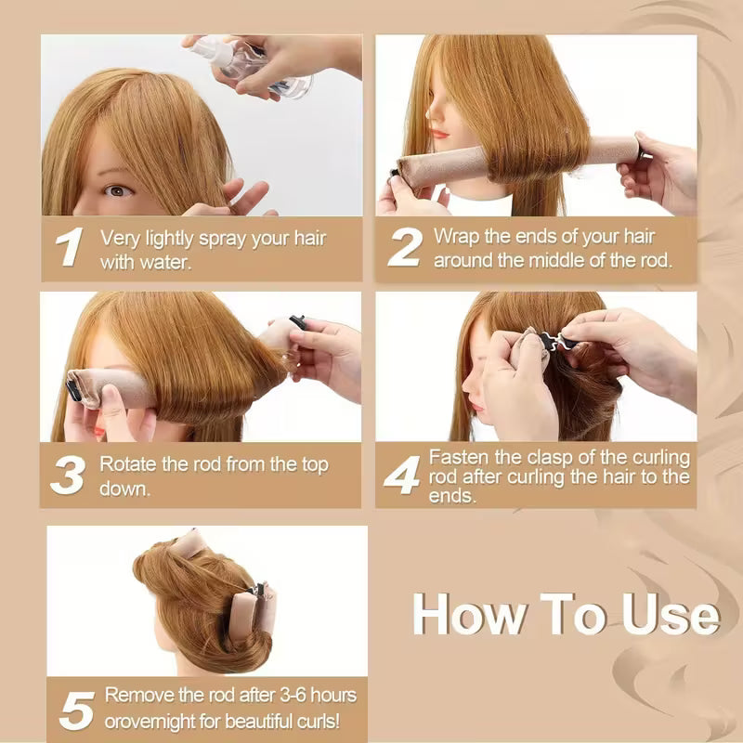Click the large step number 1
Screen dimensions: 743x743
pyautogui.click(x=69, y=248)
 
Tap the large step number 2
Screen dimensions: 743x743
pyautogui.click(x=404, y=248)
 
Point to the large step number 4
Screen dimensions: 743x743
pyautogui.click(x=401, y=475)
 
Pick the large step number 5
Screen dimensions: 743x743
pyautogui.click(x=76, y=710)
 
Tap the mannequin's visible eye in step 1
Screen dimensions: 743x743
pyautogui.click(x=115, y=190)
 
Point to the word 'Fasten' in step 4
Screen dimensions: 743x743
pyautogui.click(x=457, y=457)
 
